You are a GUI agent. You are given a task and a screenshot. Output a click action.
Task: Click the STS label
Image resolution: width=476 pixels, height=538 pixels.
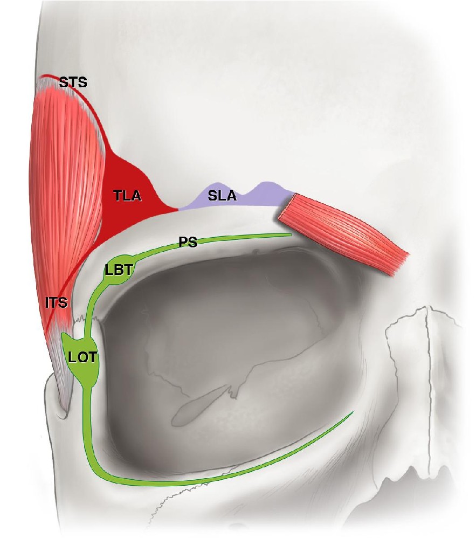pos(73,82)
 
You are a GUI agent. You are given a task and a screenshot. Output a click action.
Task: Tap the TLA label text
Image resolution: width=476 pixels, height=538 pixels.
pos(127,195)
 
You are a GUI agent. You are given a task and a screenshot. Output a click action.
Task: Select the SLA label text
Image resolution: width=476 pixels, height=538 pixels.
pos(222,195)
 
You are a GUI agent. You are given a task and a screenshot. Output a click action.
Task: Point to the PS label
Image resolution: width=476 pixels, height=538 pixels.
pos(188,242)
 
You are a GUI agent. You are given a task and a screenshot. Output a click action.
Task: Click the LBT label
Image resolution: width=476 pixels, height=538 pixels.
pos(119,271)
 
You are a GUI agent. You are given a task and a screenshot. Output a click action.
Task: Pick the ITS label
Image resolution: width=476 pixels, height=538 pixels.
pos(57,302)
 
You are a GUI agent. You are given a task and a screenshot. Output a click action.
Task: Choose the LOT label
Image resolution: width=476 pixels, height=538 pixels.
pos(83,357)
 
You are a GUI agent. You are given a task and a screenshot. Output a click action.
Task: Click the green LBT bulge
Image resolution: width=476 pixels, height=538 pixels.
pos(119,270)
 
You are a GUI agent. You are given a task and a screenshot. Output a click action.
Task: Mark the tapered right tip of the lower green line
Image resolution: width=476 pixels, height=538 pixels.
pos(353,412)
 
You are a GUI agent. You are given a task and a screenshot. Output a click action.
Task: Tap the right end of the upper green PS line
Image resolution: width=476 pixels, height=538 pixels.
pos(290,235)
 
